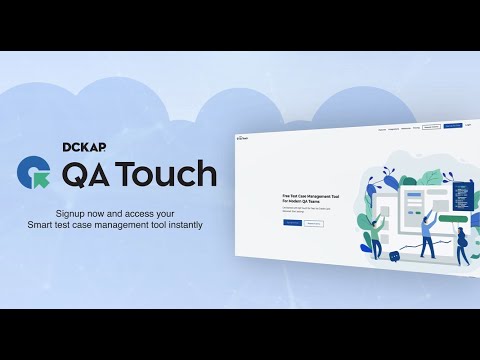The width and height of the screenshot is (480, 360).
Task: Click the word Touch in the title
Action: coord(167,173)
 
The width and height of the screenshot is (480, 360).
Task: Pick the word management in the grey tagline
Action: coord(130,225)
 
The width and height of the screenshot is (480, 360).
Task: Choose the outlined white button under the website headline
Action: coord(314,223)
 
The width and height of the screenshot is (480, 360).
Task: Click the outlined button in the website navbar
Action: coord(431,127)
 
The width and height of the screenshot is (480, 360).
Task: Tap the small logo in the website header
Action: coord(242,136)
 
